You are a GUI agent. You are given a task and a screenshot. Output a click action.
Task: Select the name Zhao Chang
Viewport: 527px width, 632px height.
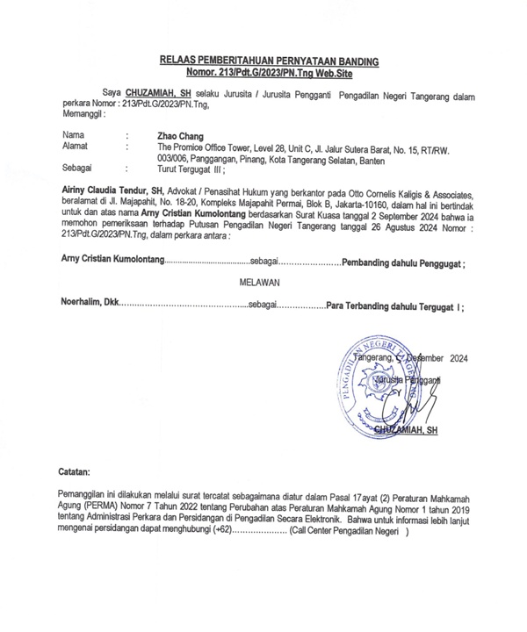pos(178,137)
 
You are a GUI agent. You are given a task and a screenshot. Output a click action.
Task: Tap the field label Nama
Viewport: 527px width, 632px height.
pos(73,137)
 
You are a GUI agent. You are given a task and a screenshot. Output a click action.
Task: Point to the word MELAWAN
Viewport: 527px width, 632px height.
pos(258,283)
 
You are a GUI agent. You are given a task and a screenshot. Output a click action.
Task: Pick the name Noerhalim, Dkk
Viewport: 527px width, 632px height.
pos(89,305)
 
